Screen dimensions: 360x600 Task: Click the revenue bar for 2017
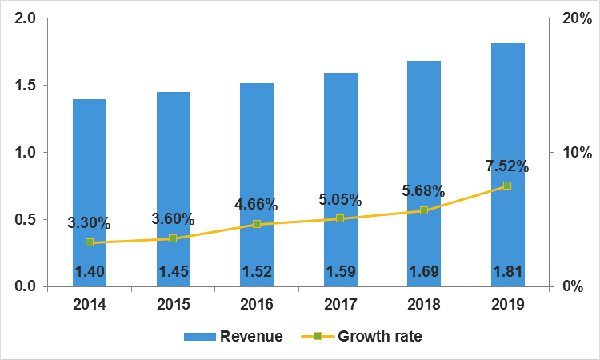[341, 144]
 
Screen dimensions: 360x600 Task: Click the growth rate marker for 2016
[257, 224]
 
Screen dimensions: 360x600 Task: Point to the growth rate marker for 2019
[507, 186]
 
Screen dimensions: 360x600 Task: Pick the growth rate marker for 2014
[90, 242]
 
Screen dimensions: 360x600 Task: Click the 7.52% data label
[507, 166]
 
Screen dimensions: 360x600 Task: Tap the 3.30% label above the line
[89, 223]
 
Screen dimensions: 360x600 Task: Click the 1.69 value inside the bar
[424, 272]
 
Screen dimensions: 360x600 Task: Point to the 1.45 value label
[173, 272]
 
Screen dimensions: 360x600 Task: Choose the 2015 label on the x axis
[173, 305]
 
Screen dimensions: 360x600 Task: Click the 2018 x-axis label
[424, 305]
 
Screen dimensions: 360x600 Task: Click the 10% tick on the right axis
[573, 153]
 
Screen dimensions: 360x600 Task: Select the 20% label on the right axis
[573, 18]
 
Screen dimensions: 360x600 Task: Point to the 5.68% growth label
[424, 191]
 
